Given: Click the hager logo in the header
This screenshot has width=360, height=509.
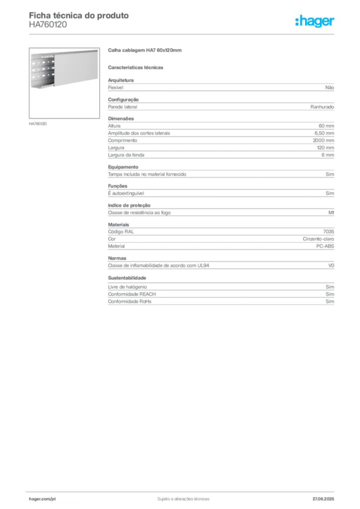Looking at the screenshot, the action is coord(315,21).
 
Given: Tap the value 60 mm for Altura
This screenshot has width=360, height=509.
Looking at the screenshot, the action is coord(326,126).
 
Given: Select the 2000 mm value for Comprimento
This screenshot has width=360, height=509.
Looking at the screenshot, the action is coord(323,141).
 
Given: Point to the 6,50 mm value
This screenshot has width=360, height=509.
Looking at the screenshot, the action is coord(324,133).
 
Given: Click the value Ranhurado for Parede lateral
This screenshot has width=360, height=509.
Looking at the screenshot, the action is coord(322,107).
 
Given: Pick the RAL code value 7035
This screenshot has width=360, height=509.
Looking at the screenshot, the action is coord(329,232).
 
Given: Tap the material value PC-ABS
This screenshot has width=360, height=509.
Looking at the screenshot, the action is coord(325,247).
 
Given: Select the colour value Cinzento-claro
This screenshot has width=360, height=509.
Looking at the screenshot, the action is coord(318,239).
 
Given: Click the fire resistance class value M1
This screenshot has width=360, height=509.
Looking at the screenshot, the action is coord(331,213).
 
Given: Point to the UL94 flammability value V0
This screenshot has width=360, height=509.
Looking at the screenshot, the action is coord(331,265).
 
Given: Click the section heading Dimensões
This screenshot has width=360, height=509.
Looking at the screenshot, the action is coord(121,119).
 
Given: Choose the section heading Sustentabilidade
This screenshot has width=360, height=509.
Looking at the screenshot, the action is coord(127,278).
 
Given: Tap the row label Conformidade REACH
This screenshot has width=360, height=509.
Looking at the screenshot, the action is coord(132,294).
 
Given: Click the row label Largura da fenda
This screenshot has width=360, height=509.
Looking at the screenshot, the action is coord(126,155).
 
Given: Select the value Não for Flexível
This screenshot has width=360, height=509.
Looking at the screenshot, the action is coord(330,87).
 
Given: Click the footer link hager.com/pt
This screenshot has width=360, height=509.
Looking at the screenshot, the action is coord(42,499).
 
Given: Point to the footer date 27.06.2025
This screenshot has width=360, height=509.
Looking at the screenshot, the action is coord(323,499).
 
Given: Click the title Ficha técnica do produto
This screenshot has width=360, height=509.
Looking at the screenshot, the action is coord(79,15).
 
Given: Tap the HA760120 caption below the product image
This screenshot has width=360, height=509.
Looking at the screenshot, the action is coord(38,124).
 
